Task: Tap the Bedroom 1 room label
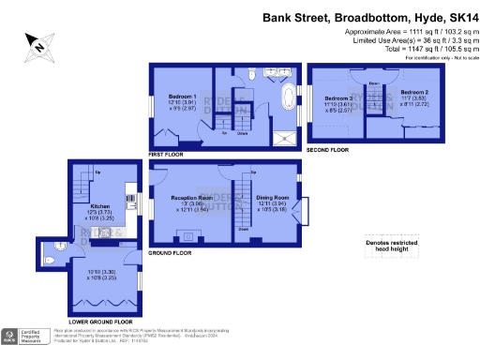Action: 183,97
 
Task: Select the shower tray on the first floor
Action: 282,135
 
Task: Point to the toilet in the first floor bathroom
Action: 254,75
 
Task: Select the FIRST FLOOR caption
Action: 167,152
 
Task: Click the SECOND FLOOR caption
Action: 327,150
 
